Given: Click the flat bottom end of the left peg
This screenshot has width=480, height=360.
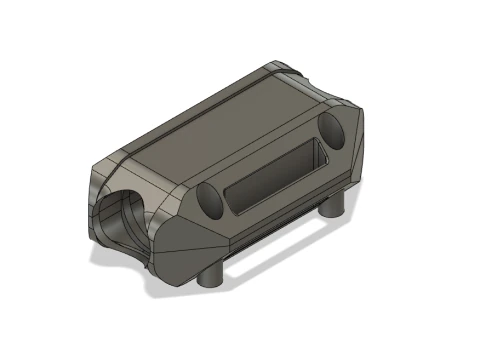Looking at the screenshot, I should tap(211, 282).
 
